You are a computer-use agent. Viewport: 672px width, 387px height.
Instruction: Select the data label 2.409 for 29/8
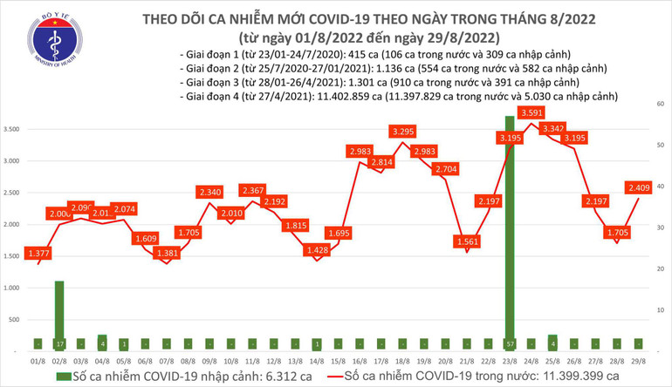[x=641, y=186]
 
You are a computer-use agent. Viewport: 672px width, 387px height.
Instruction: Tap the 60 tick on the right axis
[x=661, y=104]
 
